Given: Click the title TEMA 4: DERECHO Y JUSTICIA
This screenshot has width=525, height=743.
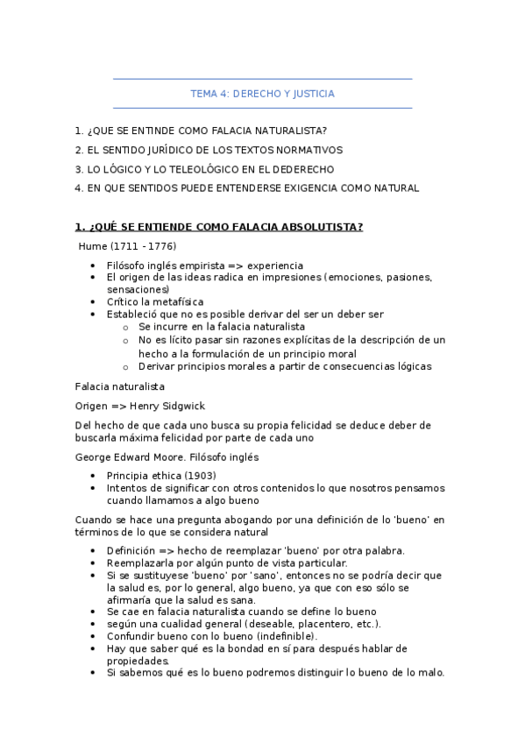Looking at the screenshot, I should pyautogui.click(x=262, y=94).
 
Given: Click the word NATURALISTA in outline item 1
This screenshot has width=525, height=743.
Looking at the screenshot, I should pyautogui.click(x=283, y=131).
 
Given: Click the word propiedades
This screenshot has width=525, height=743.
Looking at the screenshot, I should pyautogui.click(x=138, y=661).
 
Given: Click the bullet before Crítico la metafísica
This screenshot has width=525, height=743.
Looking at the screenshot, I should pyautogui.click(x=94, y=301).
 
